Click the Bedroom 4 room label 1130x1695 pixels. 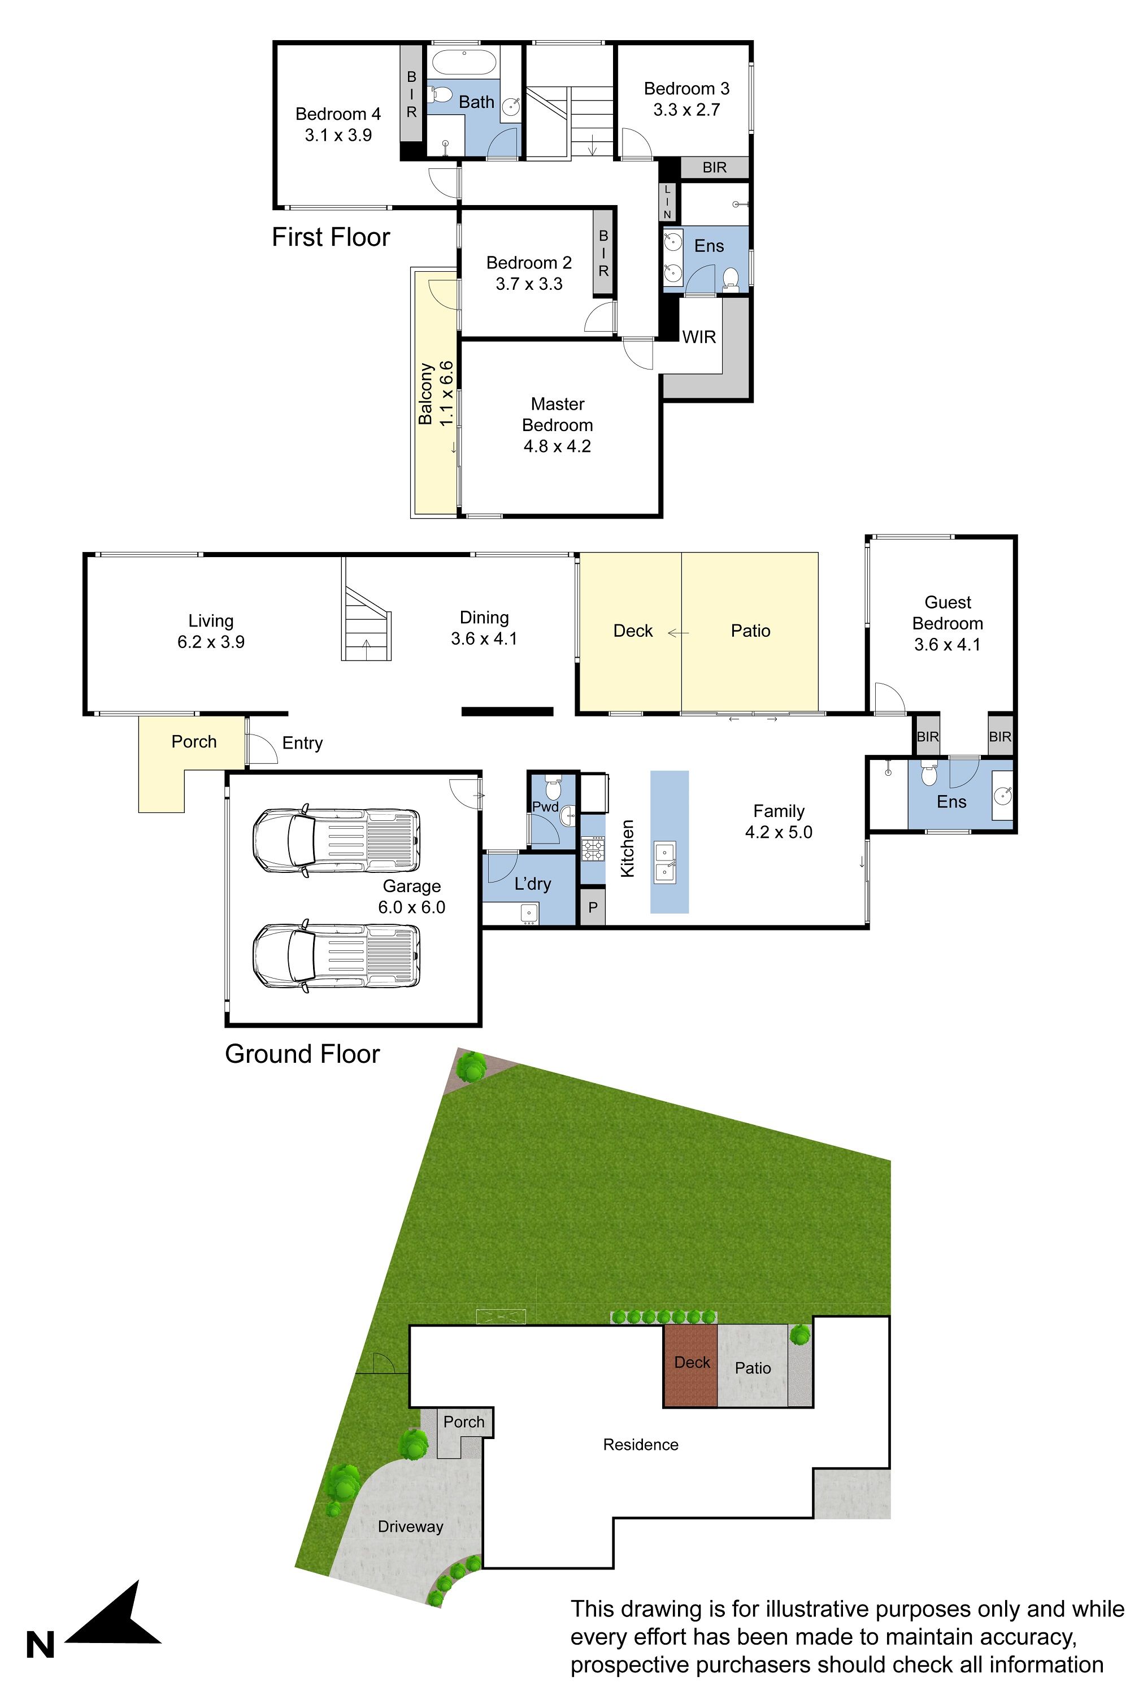(338, 114)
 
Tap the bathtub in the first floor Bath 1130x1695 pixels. (464, 62)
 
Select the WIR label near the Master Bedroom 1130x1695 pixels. (699, 337)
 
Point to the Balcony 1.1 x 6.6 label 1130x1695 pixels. (436, 393)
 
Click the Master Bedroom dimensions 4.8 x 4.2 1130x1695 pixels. (557, 446)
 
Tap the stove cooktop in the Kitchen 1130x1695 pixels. (593, 848)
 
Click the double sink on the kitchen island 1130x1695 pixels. (664, 862)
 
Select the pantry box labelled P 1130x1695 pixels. (592, 907)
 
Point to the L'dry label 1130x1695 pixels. (533, 884)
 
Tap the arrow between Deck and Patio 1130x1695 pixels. (678, 633)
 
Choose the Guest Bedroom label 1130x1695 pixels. (948, 612)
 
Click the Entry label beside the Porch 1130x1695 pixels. (302, 743)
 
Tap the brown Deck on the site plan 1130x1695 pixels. (690, 1365)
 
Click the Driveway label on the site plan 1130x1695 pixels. (410, 1527)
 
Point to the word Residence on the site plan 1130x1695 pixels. (641, 1444)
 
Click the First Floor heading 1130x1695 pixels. (331, 237)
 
